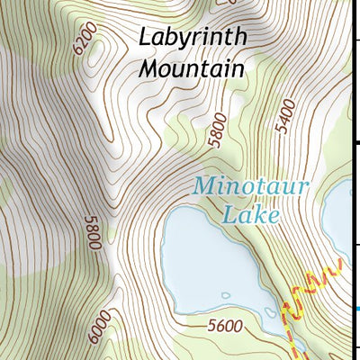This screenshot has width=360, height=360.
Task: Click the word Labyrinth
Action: (193, 38)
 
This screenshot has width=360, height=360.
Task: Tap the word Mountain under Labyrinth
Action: (193, 67)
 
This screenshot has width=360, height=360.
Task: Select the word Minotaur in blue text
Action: (238, 187)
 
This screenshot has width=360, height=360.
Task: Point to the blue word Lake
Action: (251, 215)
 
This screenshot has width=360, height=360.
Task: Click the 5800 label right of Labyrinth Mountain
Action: (211, 130)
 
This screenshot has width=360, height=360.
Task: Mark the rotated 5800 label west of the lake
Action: (90, 232)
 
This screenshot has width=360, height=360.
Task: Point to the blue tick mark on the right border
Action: (357, 309)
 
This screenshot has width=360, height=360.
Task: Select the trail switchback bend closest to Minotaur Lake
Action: (286, 310)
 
